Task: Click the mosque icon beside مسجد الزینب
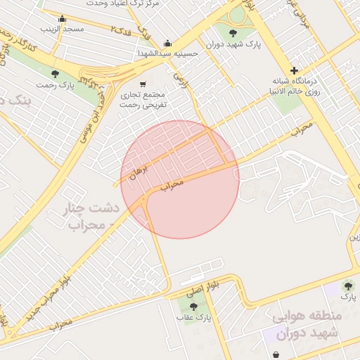[x=63, y=19]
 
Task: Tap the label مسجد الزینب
[x=63, y=30]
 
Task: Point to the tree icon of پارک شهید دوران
[x=233, y=32]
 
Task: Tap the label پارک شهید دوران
[x=233, y=44]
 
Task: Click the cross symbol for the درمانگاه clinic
[x=294, y=70]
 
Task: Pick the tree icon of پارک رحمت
[x=55, y=74]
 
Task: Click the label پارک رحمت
[x=57, y=85]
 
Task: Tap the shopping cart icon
[x=143, y=83]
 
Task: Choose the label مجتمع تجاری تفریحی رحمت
[x=143, y=99]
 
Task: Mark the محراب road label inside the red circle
[x=171, y=185]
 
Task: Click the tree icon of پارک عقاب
[x=193, y=307]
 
